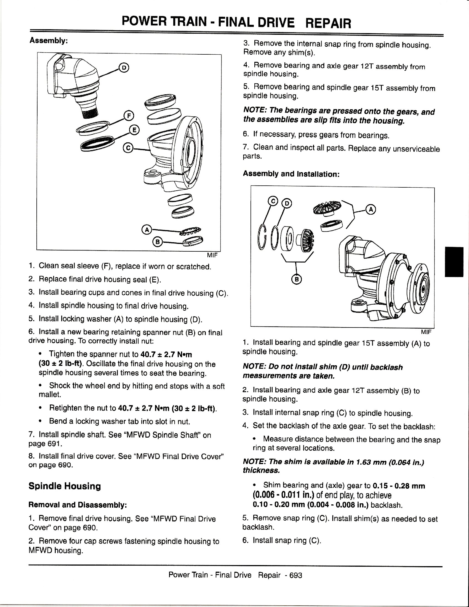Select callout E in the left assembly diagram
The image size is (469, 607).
134,130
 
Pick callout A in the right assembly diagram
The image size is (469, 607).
370,210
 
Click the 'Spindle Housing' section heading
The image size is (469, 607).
65,486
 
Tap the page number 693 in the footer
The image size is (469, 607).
296,575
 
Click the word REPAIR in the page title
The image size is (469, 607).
328,23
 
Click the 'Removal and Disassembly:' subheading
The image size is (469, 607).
78,505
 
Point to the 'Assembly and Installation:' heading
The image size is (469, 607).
291,174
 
